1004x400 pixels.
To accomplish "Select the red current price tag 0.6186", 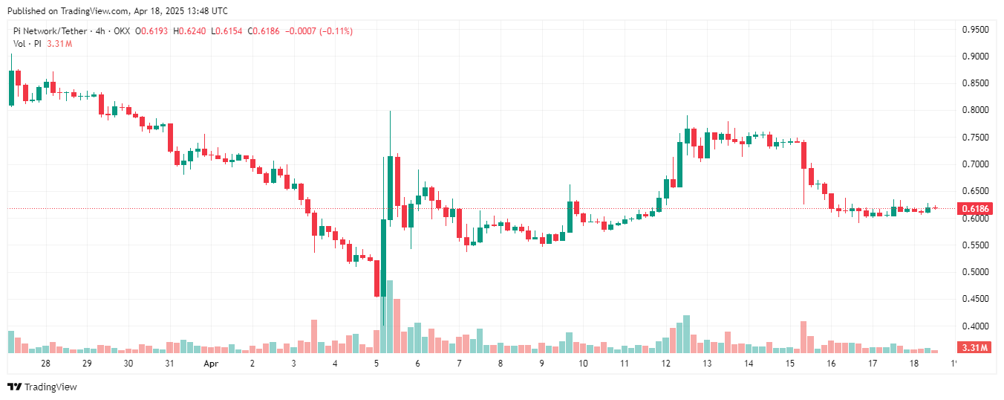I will click(974, 210).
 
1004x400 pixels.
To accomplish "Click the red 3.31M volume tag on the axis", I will click(974, 348).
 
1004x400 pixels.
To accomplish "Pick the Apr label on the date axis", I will click(211, 364).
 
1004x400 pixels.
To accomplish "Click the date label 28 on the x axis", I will click(46, 364).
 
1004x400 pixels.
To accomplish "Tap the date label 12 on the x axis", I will click(665, 364).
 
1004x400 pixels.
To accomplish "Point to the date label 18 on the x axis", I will click(914, 364).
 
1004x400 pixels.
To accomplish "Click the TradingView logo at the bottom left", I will click(42, 387).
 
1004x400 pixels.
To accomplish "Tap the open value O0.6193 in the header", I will click(151, 31).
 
